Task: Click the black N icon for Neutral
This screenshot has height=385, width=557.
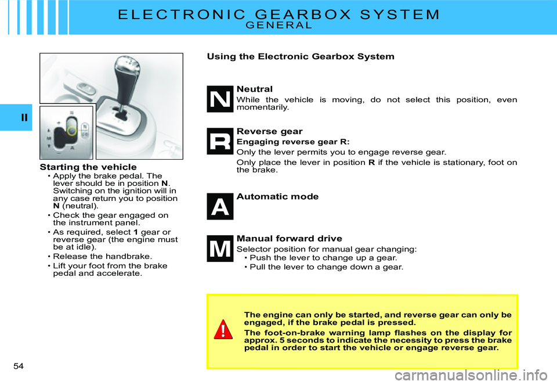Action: pyautogui.click(x=220, y=99)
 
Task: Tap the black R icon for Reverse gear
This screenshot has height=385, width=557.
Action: pyautogui.click(x=220, y=141)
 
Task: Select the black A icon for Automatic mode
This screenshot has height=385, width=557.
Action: pyautogui.click(x=220, y=207)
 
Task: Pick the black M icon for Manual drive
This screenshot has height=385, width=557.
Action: pyautogui.click(x=220, y=249)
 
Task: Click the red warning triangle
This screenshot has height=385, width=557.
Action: pyautogui.click(x=223, y=329)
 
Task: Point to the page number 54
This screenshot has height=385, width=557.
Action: pyautogui.click(x=19, y=366)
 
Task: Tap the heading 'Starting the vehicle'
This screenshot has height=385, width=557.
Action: pyautogui.click(x=88, y=167)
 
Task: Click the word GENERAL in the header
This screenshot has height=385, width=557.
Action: pyautogui.click(x=279, y=25)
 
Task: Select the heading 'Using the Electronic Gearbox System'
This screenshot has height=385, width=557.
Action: pyautogui.click(x=301, y=56)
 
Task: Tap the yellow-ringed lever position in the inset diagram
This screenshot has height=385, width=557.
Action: pyautogui.click(x=71, y=131)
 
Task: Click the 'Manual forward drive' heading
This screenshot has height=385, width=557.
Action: pyautogui.click(x=289, y=239)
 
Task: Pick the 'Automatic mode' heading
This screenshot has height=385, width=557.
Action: pyautogui.click(x=277, y=197)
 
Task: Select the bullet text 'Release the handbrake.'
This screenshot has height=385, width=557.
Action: pyautogui.click(x=102, y=256)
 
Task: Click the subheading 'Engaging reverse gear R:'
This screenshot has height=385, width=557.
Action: pyautogui.click(x=293, y=142)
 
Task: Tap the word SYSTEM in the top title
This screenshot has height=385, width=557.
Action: pyautogui.click(x=400, y=15)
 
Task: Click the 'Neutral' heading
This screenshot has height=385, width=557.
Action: pyautogui.click(x=254, y=89)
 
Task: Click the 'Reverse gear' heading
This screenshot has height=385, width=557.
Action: pyautogui.click(x=270, y=132)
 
